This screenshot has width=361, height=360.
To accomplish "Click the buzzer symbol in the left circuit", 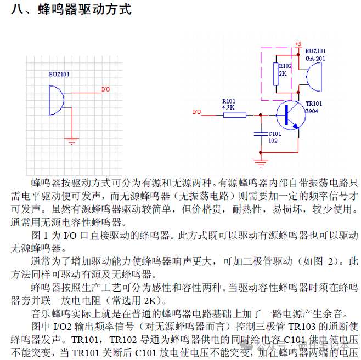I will (x=55, y=99).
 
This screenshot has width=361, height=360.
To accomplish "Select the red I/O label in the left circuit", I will (x=106, y=89).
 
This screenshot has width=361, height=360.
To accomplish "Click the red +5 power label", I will (x=298, y=44).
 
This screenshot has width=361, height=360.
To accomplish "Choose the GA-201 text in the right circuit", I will (x=315, y=59).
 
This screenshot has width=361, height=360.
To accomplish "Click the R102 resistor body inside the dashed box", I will (x=275, y=74).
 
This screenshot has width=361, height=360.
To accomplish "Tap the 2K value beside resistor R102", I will (x=283, y=73).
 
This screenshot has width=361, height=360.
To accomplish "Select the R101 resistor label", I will (x=228, y=101).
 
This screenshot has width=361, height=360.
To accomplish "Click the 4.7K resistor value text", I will (x=228, y=108).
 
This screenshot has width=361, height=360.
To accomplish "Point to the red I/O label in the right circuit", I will (x=197, y=112).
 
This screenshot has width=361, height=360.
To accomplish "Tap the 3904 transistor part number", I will (x=312, y=111).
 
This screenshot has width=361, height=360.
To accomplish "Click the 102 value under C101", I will (x=273, y=141).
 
